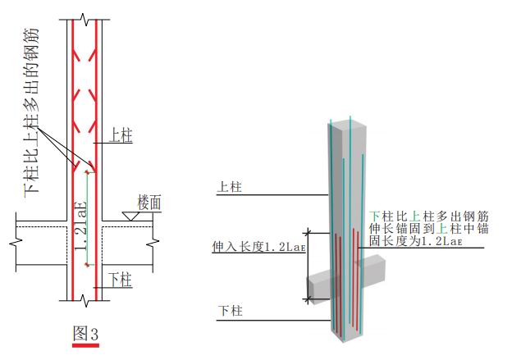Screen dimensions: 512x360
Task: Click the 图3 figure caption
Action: click(85, 333)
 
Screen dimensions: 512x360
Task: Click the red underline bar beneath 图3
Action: click(85, 345)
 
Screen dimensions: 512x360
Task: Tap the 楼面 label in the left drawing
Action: click(149, 202)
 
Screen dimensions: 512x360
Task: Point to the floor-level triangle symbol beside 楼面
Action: click(130, 216)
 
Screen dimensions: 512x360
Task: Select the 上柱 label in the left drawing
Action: click(121, 134)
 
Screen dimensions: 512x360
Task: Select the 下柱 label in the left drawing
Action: click(121, 280)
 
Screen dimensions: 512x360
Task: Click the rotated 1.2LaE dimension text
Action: click(80, 226)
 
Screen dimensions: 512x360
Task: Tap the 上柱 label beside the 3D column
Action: click(230, 187)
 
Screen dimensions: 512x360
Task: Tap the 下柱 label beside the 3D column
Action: click(231, 311)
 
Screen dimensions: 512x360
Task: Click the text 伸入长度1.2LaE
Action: click(258, 247)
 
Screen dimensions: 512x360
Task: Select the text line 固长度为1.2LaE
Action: click(416, 241)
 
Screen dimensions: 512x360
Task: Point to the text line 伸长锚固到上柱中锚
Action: click(429, 229)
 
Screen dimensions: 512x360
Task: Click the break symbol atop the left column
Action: click(85, 20)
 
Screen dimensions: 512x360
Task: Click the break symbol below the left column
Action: click(85, 300)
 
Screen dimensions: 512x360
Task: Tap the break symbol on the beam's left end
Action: click(16, 242)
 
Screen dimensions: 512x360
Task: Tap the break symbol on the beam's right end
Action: click(153, 243)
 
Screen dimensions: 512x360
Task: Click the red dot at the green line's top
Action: click(87, 172)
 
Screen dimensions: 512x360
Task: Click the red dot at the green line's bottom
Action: click(87, 265)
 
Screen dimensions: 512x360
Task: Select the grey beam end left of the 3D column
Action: click(318, 289)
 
